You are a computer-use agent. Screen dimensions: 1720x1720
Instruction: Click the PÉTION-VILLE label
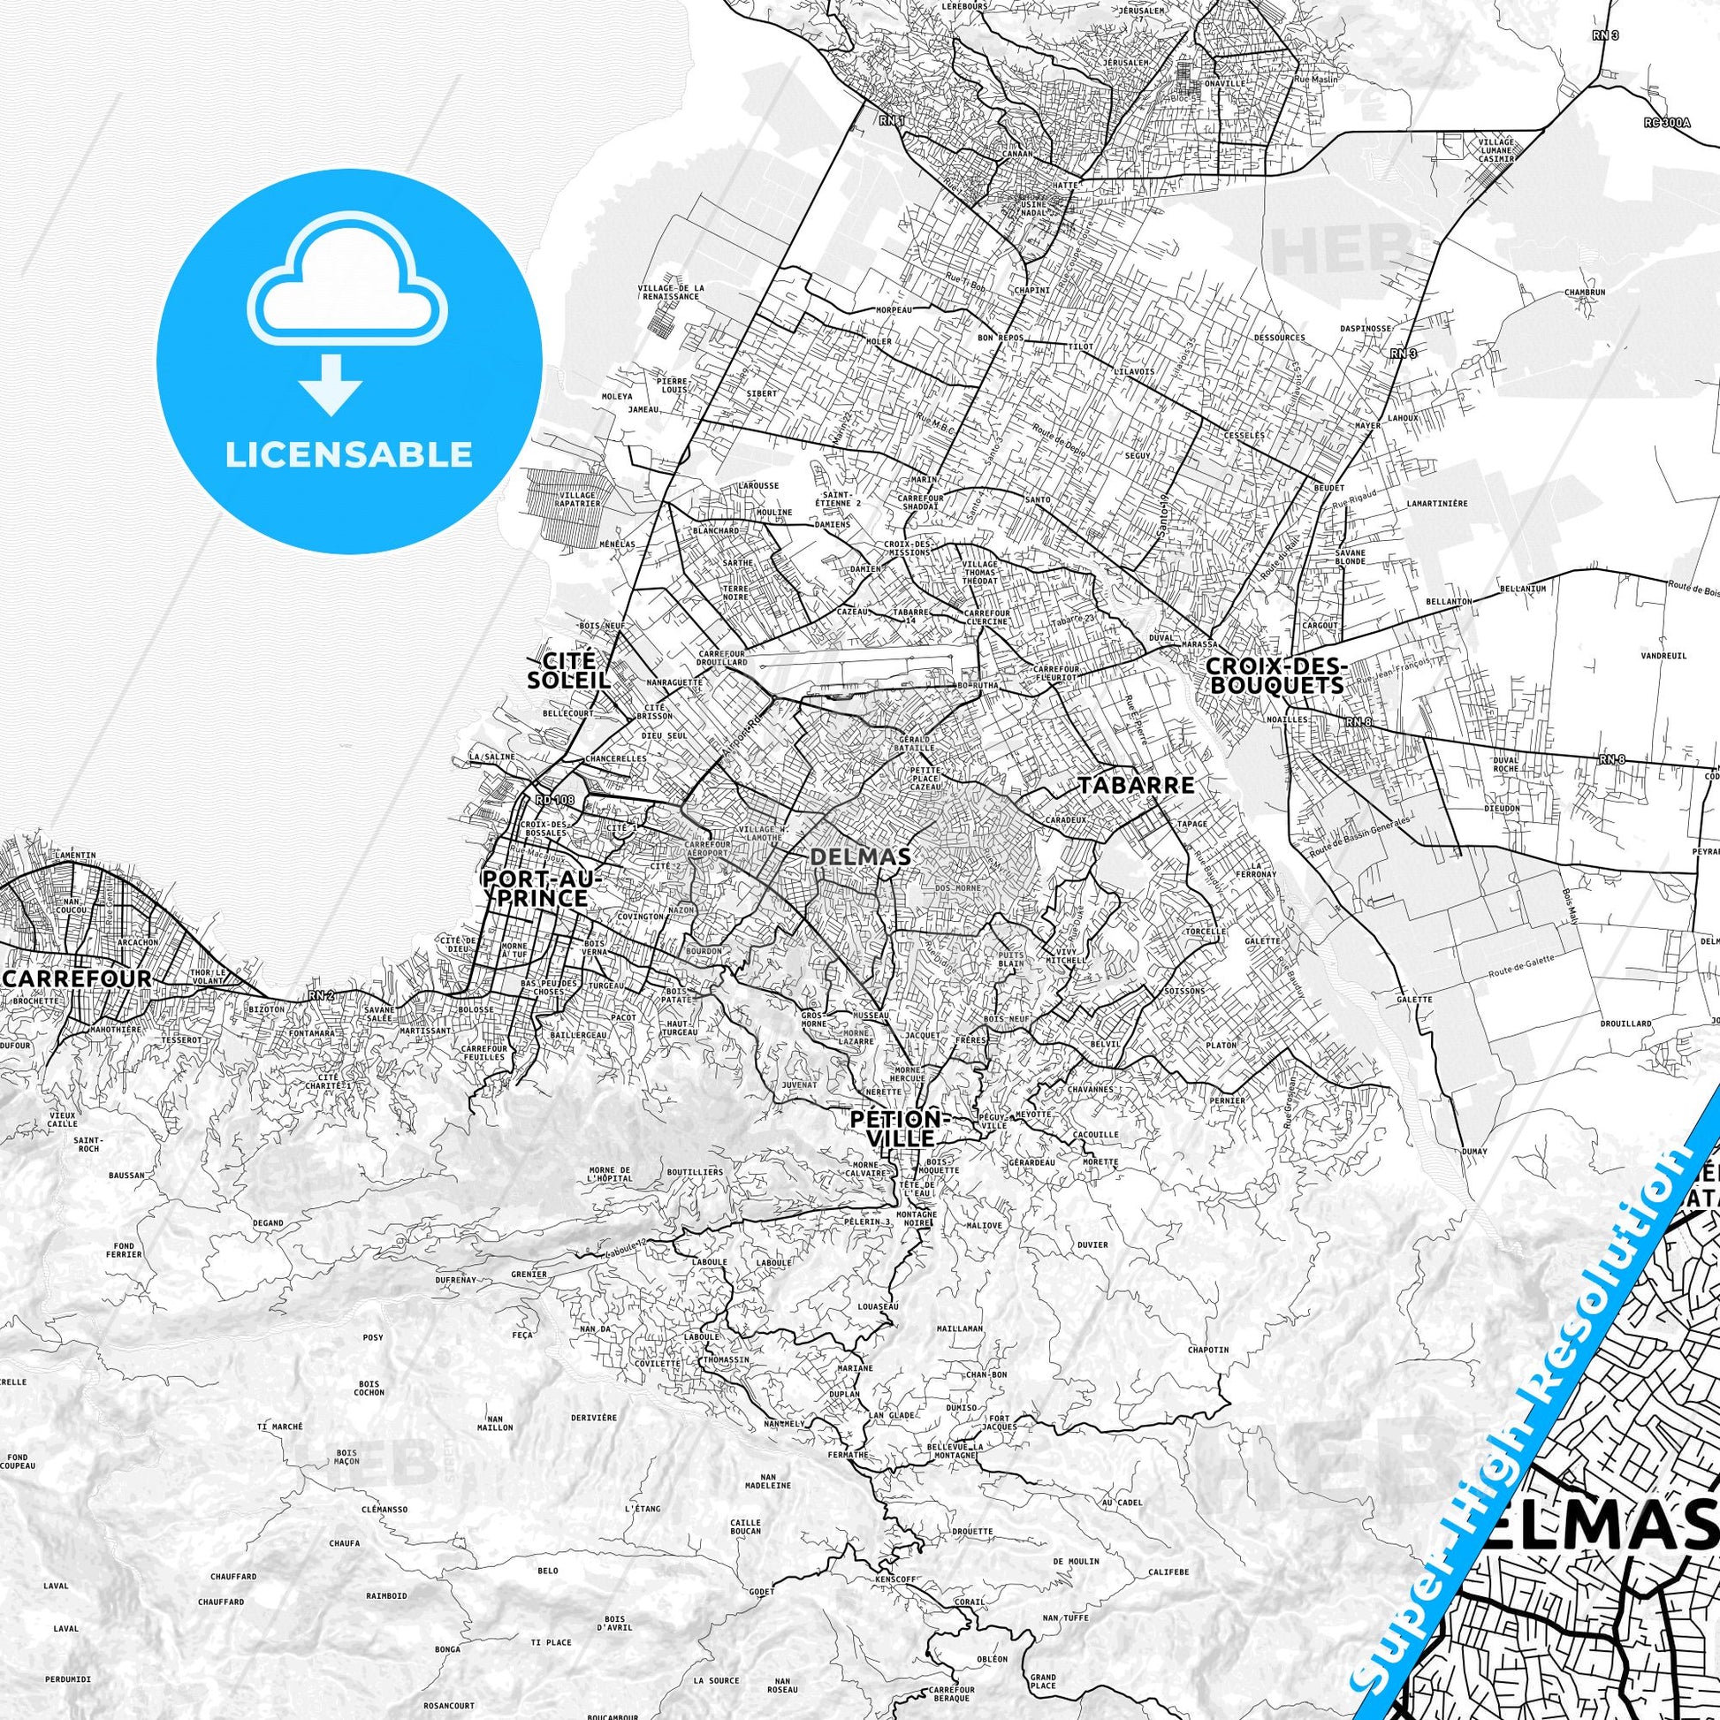pyautogui.click(x=902, y=1128)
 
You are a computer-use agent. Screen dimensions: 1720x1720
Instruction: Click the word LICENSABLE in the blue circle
pyautogui.click(x=348, y=454)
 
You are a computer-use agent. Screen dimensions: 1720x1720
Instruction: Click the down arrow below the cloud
pyautogui.click(x=331, y=384)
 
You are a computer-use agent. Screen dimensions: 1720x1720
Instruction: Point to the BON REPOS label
pyautogui.click(x=1000, y=339)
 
